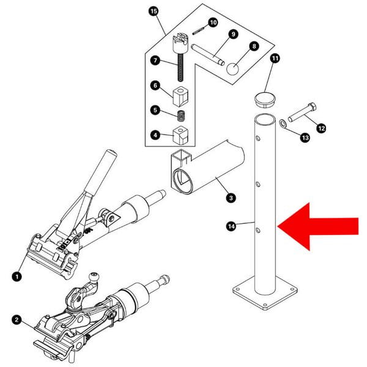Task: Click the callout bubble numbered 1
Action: tap(17, 276)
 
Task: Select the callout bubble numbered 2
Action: tap(16, 319)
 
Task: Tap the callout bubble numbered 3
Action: tap(231, 198)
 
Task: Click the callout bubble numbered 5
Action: tap(155, 111)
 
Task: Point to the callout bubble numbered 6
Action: tap(155, 86)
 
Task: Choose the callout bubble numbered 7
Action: tap(155, 61)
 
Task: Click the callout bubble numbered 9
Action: tap(233, 34)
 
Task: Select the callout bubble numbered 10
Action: tap(213, 23)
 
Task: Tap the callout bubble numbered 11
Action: tap(275, 58)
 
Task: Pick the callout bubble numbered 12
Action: tap(321, 128)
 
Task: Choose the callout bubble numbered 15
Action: tap(153, 12)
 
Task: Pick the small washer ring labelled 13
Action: tap(283, 124)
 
